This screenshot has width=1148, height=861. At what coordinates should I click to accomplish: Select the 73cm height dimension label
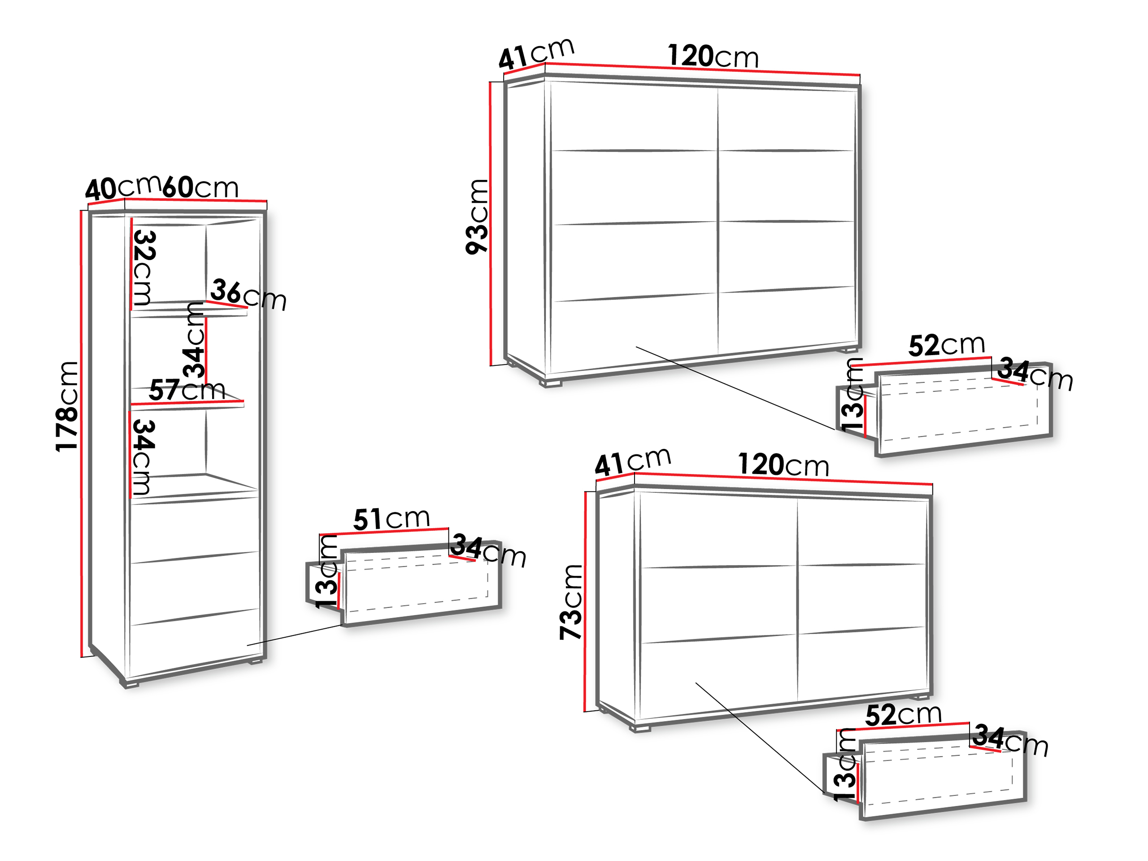coord(571,602)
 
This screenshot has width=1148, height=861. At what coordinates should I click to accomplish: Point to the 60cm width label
coord(200,187)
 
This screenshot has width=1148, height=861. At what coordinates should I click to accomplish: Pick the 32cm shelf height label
coord(144,267)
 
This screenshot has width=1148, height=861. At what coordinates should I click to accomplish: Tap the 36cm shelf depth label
coord(248,295)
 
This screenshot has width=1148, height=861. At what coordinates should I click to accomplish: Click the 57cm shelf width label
coord(187,390)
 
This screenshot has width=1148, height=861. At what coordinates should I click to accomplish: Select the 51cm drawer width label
coord(392,518)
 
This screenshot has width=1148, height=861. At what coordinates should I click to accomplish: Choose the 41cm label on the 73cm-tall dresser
coord(633,462)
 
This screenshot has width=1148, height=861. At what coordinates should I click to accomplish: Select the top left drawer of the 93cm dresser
coord(633,117)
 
